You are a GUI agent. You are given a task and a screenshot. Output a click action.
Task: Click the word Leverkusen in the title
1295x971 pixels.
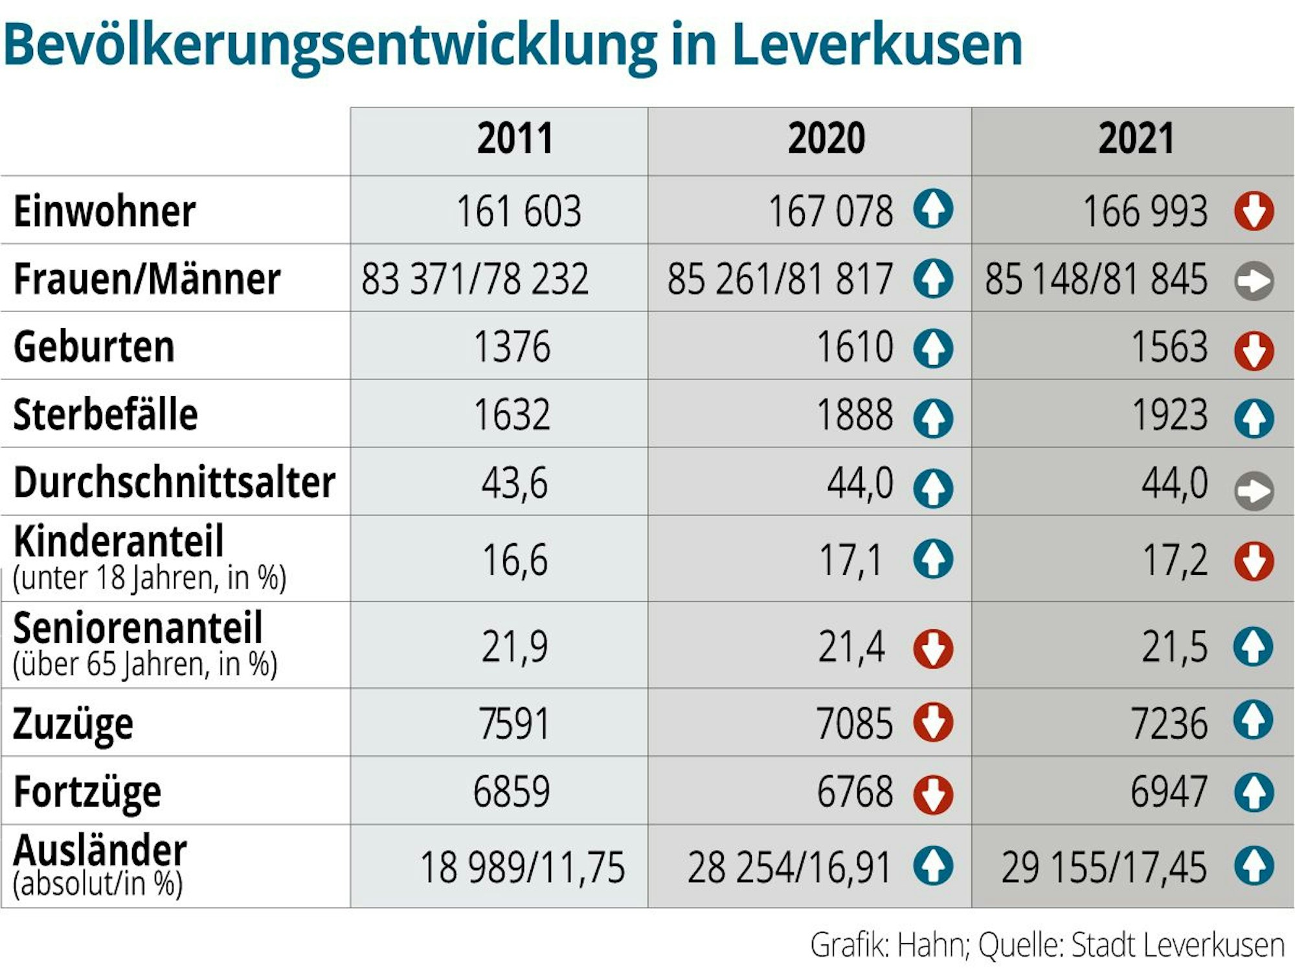877,45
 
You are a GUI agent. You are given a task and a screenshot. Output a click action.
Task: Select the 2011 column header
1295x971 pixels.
515,139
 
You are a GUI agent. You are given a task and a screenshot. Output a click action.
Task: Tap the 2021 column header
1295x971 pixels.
1136,139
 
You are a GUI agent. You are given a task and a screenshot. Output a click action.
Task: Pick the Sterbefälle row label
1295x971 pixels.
106,414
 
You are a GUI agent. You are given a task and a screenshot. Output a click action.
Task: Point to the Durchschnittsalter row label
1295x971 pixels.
174,483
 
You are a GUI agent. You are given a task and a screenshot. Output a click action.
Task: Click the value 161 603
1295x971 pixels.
519,211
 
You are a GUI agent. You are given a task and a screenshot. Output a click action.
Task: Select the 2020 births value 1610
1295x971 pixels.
855,347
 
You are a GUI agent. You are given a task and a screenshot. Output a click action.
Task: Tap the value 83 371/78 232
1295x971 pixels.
475,279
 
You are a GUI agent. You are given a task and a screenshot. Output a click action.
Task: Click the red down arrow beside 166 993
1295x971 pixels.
1254,211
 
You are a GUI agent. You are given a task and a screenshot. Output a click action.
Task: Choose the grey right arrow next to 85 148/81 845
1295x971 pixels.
1254,280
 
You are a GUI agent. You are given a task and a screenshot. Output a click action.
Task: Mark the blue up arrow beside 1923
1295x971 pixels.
1254,418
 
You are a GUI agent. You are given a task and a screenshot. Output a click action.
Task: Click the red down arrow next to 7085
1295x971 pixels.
933,722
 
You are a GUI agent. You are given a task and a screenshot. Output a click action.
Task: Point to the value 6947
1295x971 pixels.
1169,791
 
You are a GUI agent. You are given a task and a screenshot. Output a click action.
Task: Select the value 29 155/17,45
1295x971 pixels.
1104,867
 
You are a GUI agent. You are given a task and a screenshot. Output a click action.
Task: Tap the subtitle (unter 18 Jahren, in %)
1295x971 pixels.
150,578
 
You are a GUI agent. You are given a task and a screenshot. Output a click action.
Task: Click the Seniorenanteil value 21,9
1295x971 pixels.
515,646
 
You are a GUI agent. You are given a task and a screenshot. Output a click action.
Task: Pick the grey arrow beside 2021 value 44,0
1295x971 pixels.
1254,491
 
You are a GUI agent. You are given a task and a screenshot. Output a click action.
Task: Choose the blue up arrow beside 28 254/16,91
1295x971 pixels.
933,865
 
